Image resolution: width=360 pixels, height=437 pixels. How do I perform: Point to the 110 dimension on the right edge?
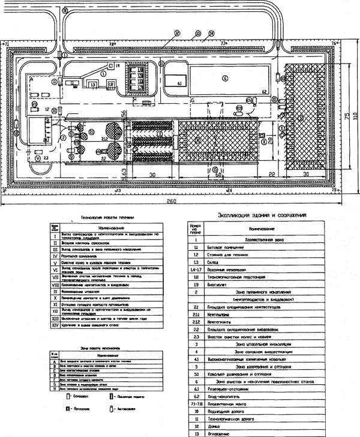(354, 115)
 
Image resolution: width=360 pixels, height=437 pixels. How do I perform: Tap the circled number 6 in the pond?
(224, 77)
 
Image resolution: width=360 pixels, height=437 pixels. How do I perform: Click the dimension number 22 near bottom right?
(272, 174)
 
